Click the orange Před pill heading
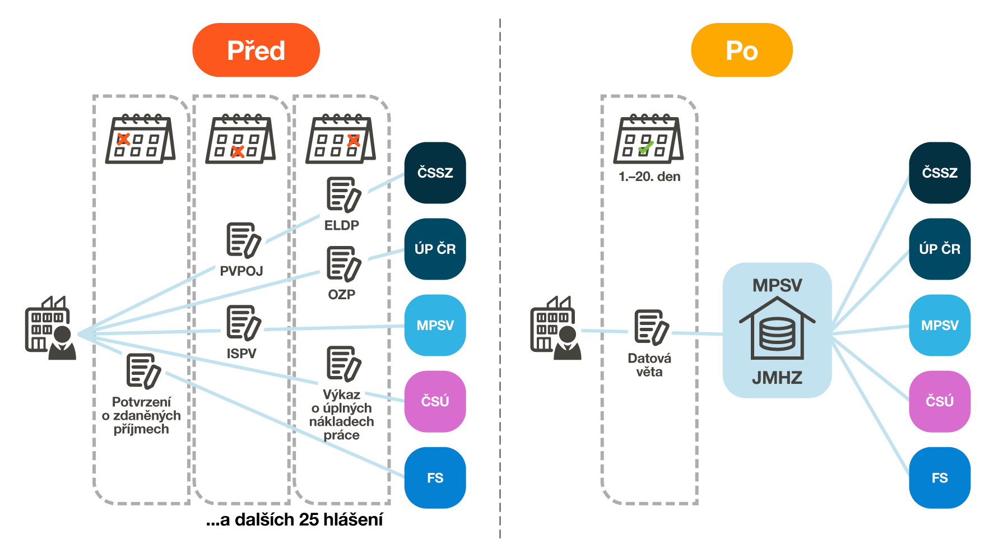256,50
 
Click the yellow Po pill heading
741,50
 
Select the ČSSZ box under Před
435,173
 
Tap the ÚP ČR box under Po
939,249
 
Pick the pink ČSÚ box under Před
435,401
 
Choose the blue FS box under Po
939,477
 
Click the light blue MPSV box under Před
435,325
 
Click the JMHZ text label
777,378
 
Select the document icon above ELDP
343,195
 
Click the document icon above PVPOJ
243,240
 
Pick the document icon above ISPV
243,323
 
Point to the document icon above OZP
343,263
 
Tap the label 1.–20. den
649,177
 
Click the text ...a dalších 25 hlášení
295,520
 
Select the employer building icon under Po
555,328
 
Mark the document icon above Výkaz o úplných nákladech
343,363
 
